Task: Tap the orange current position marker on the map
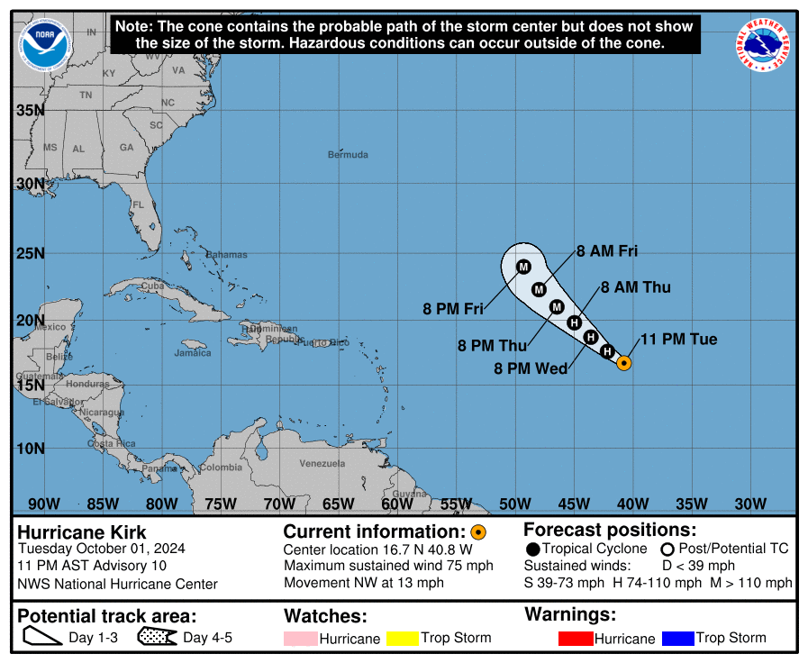tap(623, 363)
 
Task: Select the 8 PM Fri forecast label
tap(453, 309)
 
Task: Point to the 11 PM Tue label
tap(678, 340)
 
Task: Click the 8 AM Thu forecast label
tap(635, 287)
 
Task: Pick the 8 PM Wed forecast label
tap(531, 368)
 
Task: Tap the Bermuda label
tap(348, 155)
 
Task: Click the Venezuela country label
tap(322, 463)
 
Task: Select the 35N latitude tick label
tap(30, 110)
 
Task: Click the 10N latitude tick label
tap(30, 449)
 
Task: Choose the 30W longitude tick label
tap(750, 504)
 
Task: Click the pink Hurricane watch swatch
tap(299, 639)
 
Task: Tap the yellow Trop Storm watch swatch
tap(403, 639)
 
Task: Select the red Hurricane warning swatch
tap(574, 639)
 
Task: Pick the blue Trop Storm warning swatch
tap(677, 639)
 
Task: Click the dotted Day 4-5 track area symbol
tap(157, 638)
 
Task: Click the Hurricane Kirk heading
tap(82, 532)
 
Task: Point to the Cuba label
tap(151, 286)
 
